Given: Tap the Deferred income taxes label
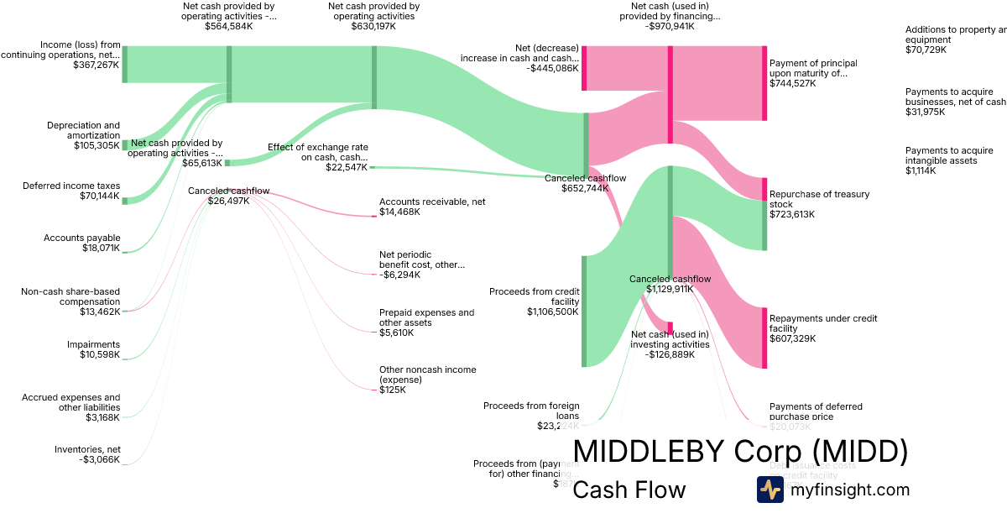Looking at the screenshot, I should coord(71,186).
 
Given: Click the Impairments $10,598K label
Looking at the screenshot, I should coord(93,349).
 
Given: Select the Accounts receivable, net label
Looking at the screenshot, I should coord(432,202).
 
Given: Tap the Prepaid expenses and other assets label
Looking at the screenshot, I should coord(426,317).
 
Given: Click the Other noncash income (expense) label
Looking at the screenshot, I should coord(427,374).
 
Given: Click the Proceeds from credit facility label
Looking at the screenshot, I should coord(534,296).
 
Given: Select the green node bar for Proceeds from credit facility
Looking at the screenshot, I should coord(584,312).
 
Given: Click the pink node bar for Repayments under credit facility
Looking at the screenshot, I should coord(764,338).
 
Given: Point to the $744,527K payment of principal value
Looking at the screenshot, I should coord(792,83).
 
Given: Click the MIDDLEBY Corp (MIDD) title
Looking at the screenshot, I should coord(740,451).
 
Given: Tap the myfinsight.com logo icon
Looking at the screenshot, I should coord(770,490).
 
